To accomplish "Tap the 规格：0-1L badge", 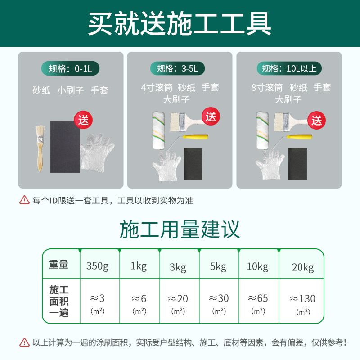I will coord(70,68).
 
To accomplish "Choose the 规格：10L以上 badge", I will coord(289,68).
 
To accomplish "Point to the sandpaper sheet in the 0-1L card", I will coord(65,146).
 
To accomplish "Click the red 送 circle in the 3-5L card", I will coord(211,116).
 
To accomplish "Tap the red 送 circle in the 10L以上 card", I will coord(317,120).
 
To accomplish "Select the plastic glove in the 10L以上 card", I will coord(270,164).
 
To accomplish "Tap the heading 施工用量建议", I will coord(180,229).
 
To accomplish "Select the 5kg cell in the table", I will coord(218,266).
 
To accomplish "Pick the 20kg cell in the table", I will coord(302,267).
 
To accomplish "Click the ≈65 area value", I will coord(258,298).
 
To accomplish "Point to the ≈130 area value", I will coord(302,298).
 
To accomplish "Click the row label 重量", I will coord(58,265).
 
